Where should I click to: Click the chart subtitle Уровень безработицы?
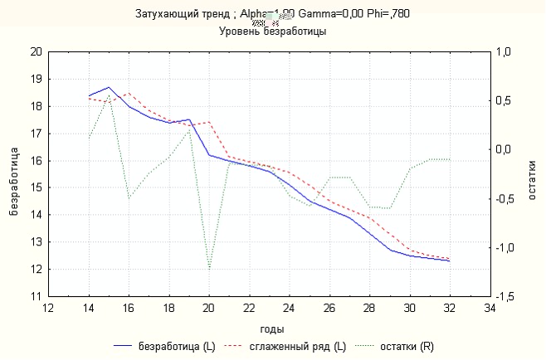point(272,32)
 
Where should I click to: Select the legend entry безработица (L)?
point(171,347)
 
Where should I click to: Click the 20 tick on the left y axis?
point(35,51)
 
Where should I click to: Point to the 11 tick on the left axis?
point(35,296)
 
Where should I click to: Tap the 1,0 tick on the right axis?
point(504,51)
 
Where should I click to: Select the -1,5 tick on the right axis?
point(504,296)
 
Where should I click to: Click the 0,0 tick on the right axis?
point(504,149)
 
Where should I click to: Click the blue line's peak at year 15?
point(109,87)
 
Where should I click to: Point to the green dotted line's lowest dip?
point(209,270)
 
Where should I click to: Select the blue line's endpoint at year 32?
point(450,261)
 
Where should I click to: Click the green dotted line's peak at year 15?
point(109,96)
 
